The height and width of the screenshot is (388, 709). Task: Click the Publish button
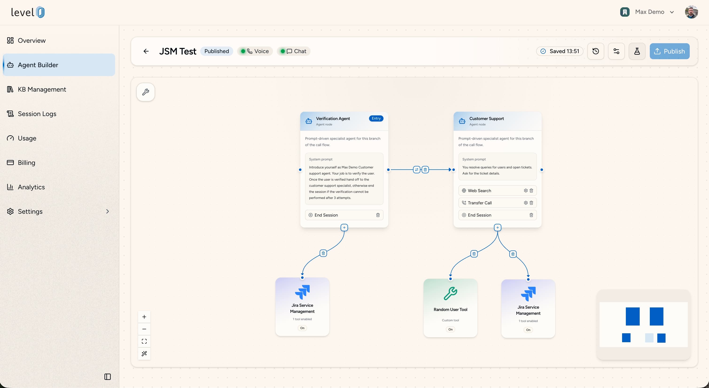tap(669, 51)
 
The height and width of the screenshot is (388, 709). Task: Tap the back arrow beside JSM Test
tap(146, 51)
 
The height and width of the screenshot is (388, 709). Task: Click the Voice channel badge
tap(255, 51)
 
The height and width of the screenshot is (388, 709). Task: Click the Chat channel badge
tap(293, 51)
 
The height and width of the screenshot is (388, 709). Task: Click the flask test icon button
tap(637, 51)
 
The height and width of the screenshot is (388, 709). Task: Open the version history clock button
tap(596, 51)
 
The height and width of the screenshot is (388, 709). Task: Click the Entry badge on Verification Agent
tap(376, 118)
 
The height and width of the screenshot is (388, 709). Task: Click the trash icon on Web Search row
tap(531, 191)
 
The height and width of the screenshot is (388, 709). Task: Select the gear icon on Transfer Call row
tap(526, 203)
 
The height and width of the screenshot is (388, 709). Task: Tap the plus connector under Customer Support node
tap(497, 228)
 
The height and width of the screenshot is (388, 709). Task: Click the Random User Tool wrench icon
tap(450, 293)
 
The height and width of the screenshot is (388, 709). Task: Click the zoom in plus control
tap(144, 317)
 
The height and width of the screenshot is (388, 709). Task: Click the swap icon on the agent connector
tap(417, 170)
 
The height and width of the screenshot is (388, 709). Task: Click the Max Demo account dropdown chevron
tap(672, 12)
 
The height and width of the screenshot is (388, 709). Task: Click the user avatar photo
tap(691, 12)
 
